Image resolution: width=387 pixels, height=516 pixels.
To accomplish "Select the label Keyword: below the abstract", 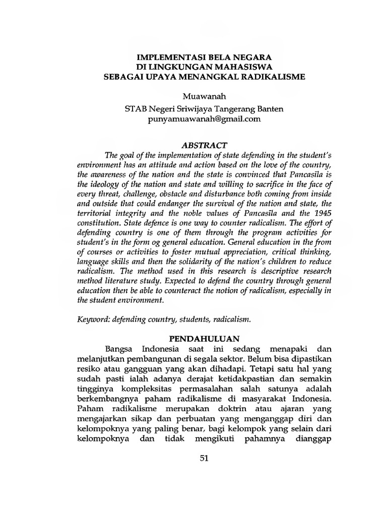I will click(94, 318).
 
